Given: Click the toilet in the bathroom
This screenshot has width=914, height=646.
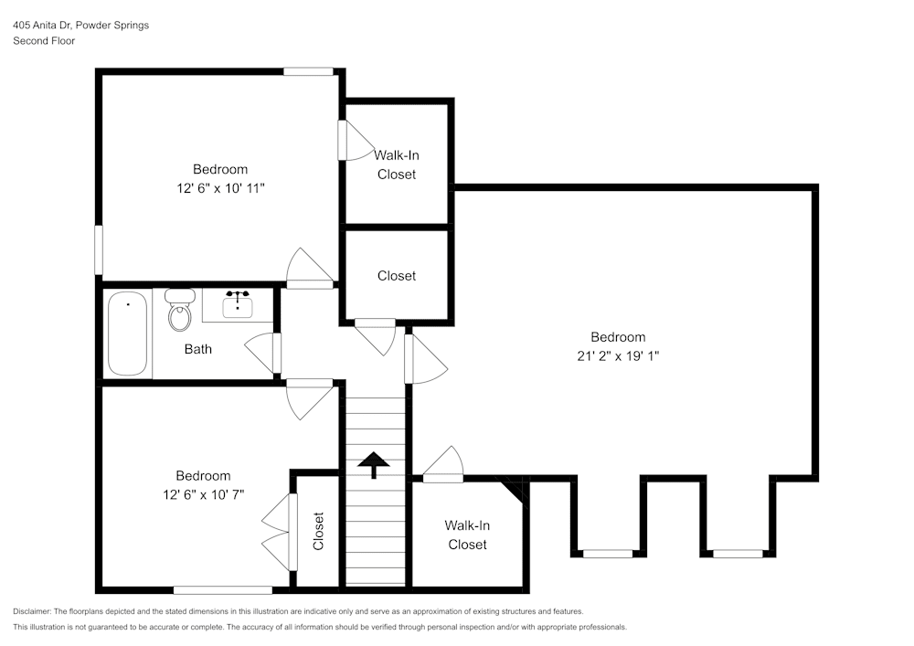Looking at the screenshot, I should [x=180, y=311].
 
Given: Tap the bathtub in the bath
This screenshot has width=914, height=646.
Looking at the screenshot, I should [x=127, y=334].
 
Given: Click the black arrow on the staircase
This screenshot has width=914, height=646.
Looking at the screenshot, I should [x=373, y=465].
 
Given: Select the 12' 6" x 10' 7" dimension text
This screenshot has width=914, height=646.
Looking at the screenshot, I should [x=203, y=494].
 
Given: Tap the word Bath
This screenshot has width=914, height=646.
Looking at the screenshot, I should [x=198, y=349].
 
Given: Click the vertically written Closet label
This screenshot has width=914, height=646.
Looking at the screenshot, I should [x=318, y=531].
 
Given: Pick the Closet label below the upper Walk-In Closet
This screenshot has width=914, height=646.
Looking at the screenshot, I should [x=397, y=276].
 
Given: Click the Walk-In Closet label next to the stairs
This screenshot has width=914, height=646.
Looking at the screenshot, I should [x=467, y=535].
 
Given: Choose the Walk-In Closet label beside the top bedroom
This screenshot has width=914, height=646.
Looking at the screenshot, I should [x=397, y=164].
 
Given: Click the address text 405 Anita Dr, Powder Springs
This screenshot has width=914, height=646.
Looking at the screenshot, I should [x=80, y=26].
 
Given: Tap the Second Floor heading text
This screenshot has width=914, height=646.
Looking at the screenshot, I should [x=44, y=41].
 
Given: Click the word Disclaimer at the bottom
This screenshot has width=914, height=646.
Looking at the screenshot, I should [x=33, y=611].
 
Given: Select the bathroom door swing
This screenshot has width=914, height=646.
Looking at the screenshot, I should [x=261, y=354].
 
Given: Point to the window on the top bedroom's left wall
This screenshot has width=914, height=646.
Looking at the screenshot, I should [x=99, y=249].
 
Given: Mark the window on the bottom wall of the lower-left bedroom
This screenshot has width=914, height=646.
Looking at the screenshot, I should [x=223, y=589].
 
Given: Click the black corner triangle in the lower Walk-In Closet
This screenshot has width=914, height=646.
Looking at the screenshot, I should [x=517, y=490].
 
